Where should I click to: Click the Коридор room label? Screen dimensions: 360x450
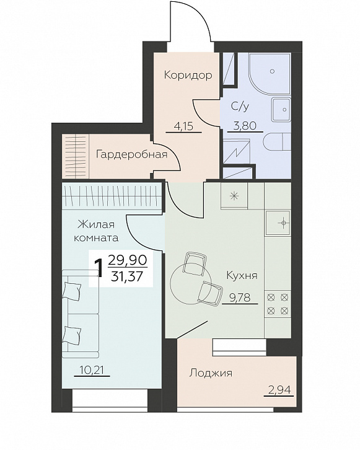pyautogui.click(x=188, y=75)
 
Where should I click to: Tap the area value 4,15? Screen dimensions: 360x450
pyautogui.click(x=184, y=126)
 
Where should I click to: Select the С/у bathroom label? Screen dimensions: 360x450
pyautogui.click(x=240, y=107)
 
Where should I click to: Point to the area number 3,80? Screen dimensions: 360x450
pyautogui.click(x=245, y=126)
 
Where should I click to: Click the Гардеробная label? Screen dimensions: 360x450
pyautogui.click(x=131, y=154)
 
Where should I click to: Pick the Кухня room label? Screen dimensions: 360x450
pyautogui.click(x=242, y=275)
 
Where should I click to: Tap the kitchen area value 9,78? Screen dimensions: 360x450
pyautogui.click(x=240, y=298)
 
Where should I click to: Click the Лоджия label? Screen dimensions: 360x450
pyautogui.click(x=211, y=373)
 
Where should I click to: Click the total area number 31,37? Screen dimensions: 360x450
pyautogui.click(x=128, y=276)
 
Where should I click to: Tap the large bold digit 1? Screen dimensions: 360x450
pyautogui.click(x=100, y=268)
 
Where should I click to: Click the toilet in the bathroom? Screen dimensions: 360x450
pyautogui.click(x=278, y=141)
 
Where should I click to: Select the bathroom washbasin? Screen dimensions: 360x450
pyautogui.click(x=281, y=110)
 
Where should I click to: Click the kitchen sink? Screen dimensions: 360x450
pyautogui.click(x=278, y=223)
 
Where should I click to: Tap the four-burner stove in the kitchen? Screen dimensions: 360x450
pyautogui.click(x=278, y=304)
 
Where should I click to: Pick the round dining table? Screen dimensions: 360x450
pyautogui.click(x=191, y=283)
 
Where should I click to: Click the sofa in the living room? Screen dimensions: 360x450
pyautogui.click(x=81, y=314)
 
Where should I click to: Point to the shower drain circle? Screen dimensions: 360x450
pyautogui.click(x=272, y=71)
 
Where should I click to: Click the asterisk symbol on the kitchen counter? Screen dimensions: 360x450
pyautogui.click(x=234, y=196)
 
